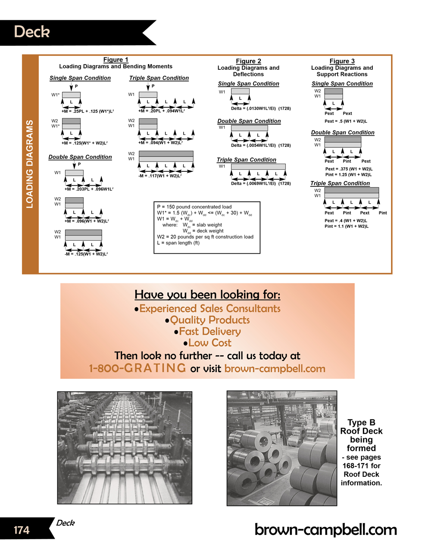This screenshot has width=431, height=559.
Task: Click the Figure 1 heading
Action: click(116, 60)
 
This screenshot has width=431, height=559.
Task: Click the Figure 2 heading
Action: click(248, 61)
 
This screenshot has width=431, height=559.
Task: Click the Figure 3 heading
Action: click(342, 61)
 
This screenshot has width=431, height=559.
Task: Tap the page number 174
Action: click(22, 529)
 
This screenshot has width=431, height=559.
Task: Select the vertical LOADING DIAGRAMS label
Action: click(30, 164)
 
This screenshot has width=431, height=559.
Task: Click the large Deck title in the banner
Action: click(32, 32)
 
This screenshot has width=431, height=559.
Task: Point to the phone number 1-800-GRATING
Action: click(137, 368)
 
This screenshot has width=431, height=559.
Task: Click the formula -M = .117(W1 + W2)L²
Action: click(160, 176)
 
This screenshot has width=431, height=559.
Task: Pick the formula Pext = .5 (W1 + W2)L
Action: click(346, 121)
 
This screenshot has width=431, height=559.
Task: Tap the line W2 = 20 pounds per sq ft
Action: click(205, 237)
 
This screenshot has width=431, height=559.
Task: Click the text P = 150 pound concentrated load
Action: click(194, 207)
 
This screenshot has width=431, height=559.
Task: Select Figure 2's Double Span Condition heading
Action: click(249, 121)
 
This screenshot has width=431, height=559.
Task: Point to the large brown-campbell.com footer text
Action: click(325, 530)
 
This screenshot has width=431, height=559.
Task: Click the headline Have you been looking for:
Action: click(207, 295)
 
